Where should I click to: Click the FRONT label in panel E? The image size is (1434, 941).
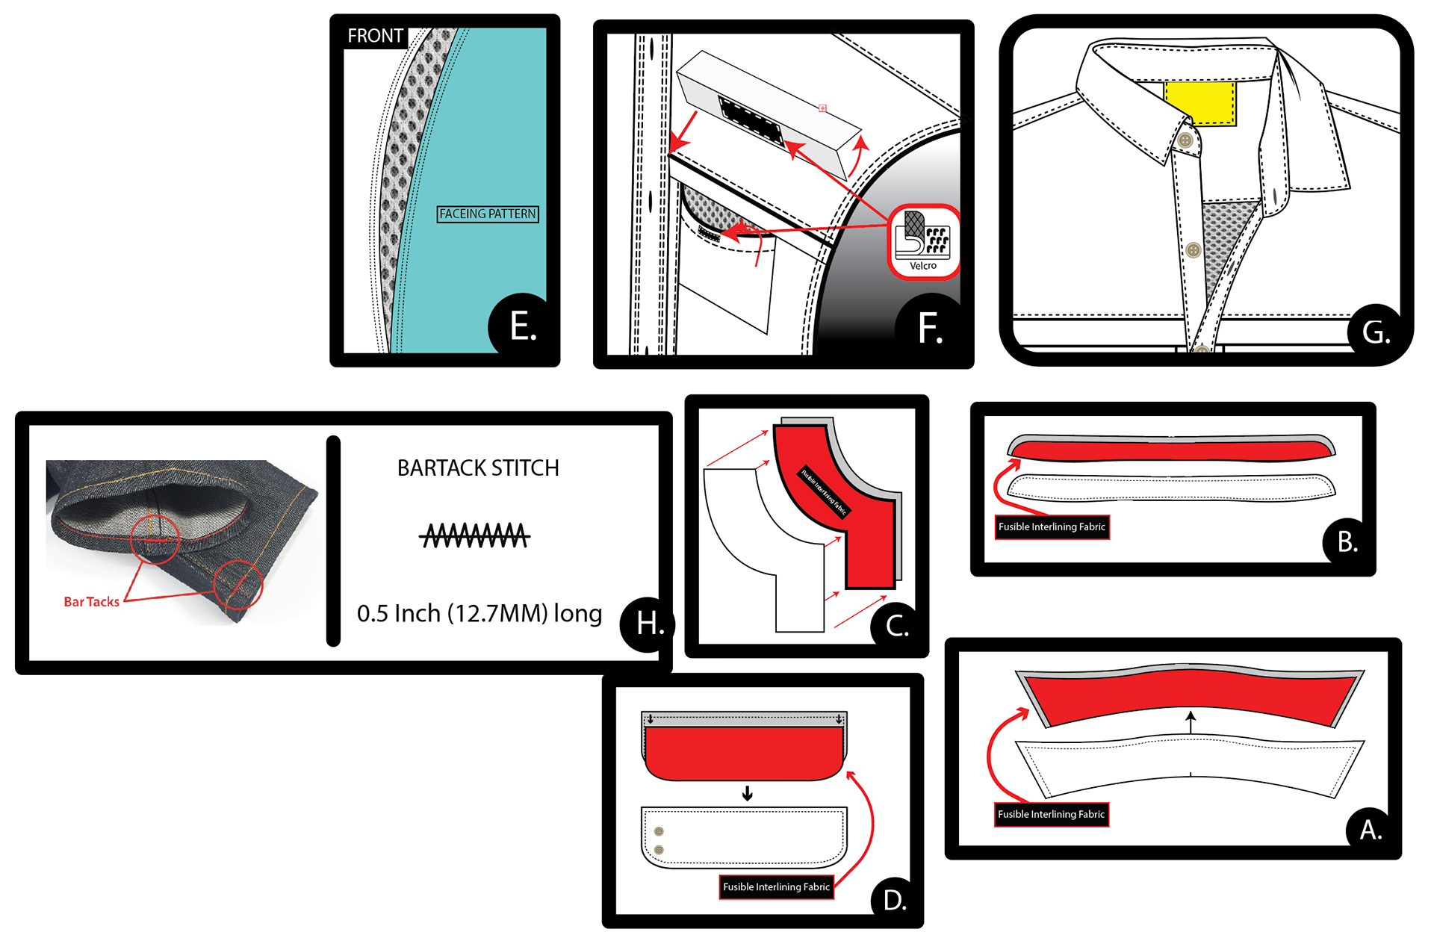coord(375,36)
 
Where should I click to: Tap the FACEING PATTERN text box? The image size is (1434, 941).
coord(488,214)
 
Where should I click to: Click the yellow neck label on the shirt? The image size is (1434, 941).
coord(1200,102)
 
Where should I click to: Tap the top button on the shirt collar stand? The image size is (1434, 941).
coord(1185,140)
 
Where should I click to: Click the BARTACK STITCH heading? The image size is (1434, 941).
coord(478,468)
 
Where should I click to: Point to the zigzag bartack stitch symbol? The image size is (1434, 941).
coord(475,535)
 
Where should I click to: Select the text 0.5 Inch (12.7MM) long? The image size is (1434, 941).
coord(479,613)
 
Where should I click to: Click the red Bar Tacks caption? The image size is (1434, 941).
coord(91,602)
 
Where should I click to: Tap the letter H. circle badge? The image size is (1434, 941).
coord(648,624)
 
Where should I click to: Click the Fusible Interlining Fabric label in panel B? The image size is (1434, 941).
coord(1052,527)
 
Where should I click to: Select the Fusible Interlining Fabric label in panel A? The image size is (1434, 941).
coord(1051,815)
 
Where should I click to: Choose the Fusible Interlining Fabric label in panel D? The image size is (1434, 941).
coord(776,887)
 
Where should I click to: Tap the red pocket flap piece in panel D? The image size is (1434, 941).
coord(744,753)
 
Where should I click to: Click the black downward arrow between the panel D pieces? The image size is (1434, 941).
coord(747,794)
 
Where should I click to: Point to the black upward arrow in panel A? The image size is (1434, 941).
coord(1191,721)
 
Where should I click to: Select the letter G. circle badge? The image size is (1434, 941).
coord(1375,332)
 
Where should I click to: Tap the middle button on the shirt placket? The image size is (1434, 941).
coord(1194,250)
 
